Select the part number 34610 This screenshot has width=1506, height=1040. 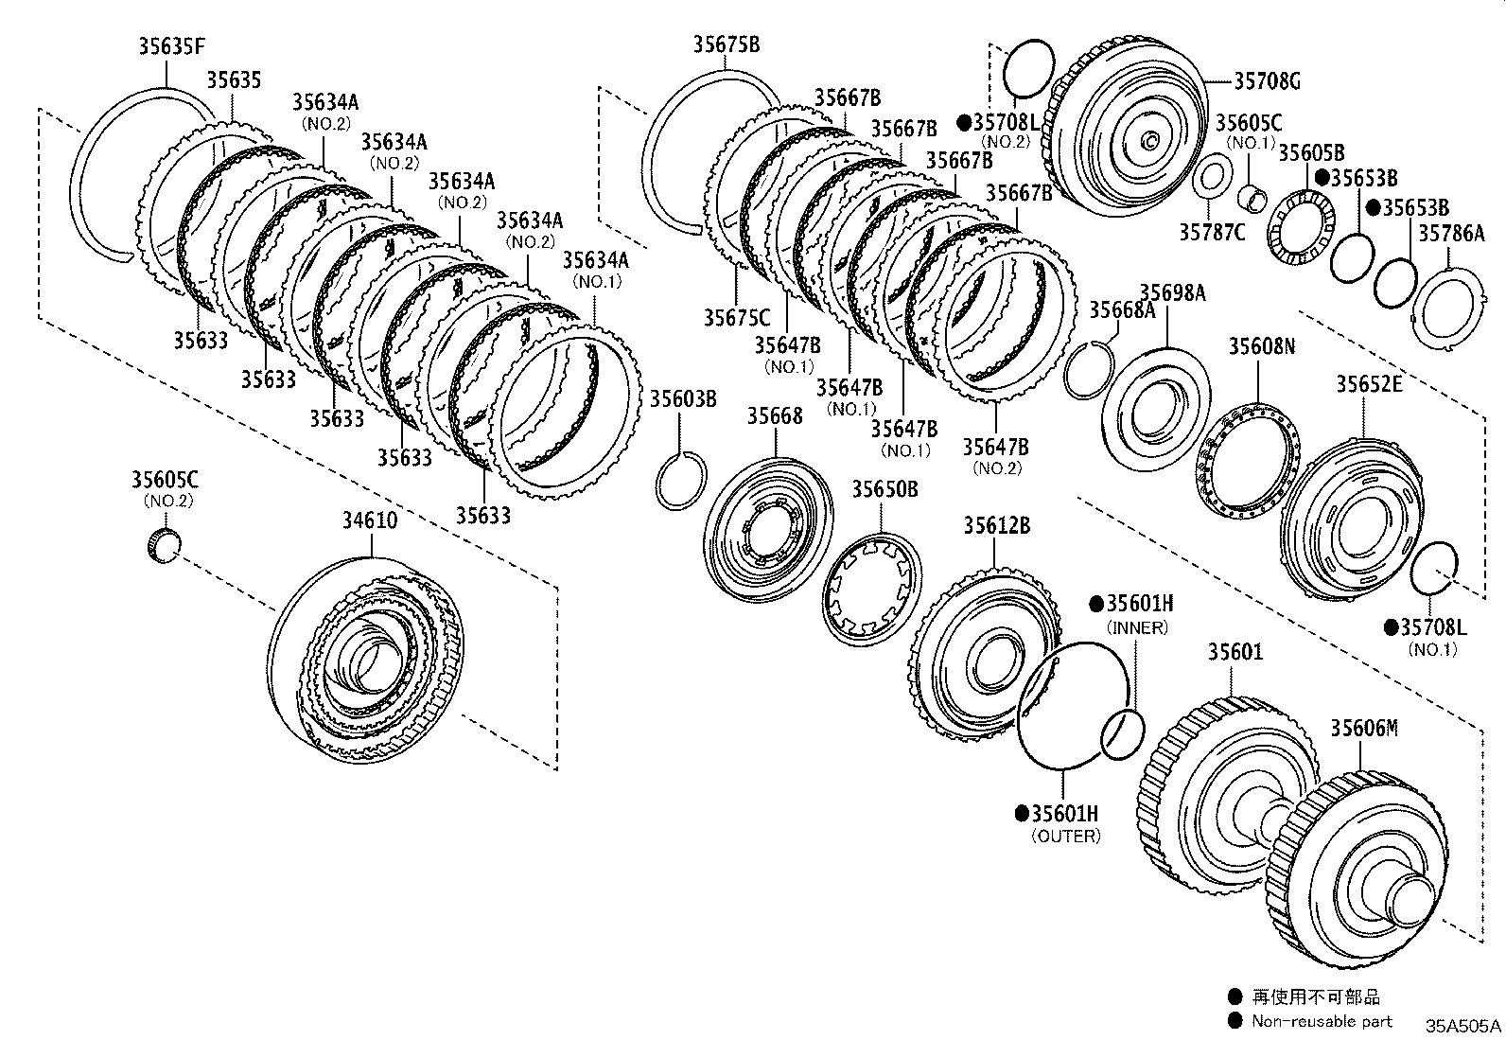[x=370, y=520]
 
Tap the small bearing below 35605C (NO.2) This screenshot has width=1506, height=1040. [x=166, y=546]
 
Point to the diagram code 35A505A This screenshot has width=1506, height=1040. [x=1462, y=1026]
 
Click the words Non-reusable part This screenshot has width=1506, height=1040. [x=1321, y=1021]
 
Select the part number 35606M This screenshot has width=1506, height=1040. [x=1363, y=728]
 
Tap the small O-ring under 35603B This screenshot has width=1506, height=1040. [x=680, y=480]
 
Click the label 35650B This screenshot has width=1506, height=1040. [x=884, y=489]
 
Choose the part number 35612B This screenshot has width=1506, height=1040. [x=997, y=525]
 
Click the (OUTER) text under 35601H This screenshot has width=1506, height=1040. [x=1066, y=837]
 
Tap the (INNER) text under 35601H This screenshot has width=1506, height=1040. [x=1136, y=627]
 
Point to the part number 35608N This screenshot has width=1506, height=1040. [x=1262, y=346]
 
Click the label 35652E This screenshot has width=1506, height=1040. [x=1369, y=383]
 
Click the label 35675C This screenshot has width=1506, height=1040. [x=736, y=318]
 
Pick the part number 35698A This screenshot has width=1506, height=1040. [x=1172, y=293]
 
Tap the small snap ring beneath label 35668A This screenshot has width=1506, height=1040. [x=1090, y=370]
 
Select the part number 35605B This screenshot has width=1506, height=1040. [x=1311, y=153]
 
